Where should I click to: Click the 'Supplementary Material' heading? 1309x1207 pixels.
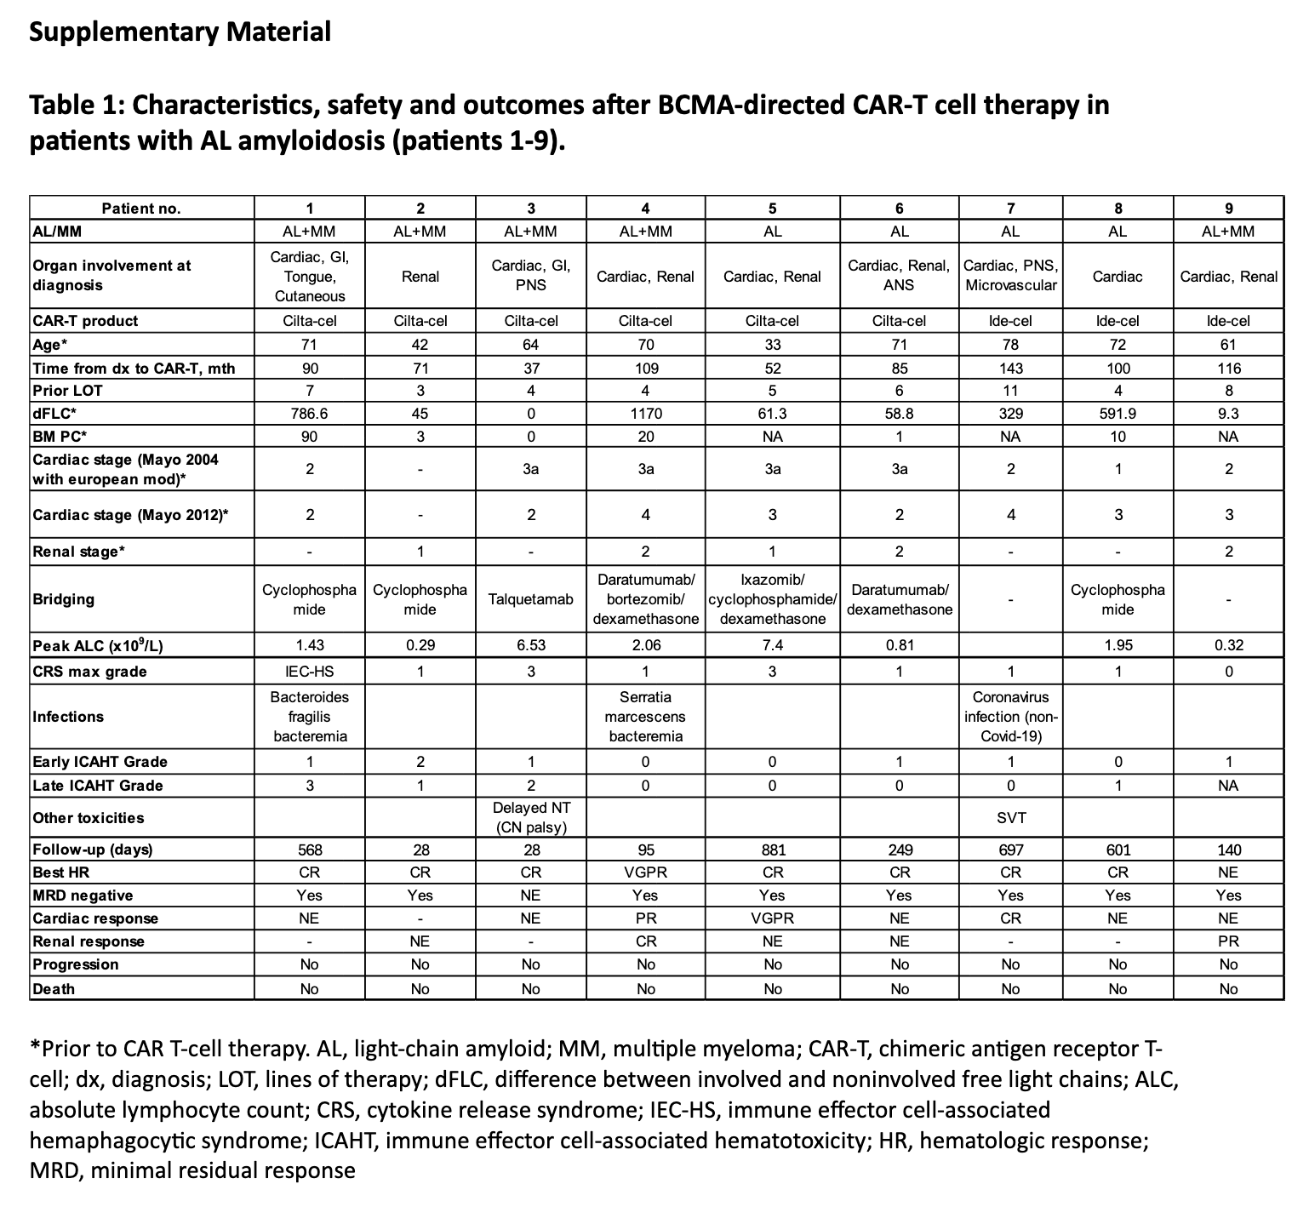tap(180, 32)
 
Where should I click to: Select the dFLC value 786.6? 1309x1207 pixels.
tap(310, 414)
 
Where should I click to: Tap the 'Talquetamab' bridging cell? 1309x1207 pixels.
tap(531, 599)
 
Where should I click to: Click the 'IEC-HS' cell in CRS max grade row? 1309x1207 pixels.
tap(310, 672)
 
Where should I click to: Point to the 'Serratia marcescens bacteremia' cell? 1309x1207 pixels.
tap(645, 717)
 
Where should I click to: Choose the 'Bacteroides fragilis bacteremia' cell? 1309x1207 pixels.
tap(310, 717)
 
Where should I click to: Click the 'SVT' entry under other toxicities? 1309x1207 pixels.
tap(1010, 818)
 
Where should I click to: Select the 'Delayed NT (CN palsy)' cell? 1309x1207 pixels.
tap(531, 818)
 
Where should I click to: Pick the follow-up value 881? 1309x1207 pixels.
tap(772, 849)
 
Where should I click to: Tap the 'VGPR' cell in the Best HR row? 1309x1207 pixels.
tap(645, 872)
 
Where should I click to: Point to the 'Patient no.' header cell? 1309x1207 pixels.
tap(141, 209)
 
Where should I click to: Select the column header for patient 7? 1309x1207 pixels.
tap(1010, 209)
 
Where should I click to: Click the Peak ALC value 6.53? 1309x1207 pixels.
tap(531, 645)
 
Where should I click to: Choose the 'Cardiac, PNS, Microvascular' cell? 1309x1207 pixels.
tap(1010, 276)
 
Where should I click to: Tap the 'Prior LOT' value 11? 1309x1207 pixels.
tap(1010, 391)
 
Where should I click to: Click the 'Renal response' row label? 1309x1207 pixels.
tap(89, 941)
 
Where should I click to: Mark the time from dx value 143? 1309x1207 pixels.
tap(1010, 369)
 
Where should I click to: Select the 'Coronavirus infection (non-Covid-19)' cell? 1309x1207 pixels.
tap(1010, 717)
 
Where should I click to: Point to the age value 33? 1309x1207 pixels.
tap(772, 345)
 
